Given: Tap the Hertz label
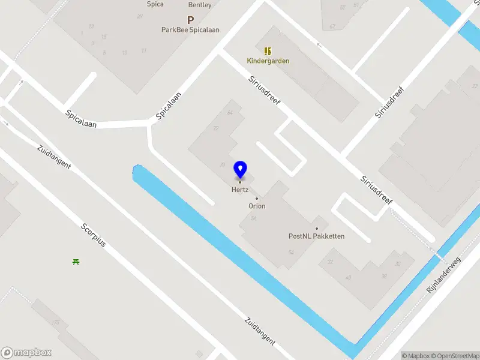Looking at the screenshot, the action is pyautogui.click(x=240, y=190).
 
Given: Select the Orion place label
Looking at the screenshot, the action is pyautogui.click(x=257, y=206).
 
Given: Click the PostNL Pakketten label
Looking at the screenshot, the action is pyautogui.click(x=316, y=236).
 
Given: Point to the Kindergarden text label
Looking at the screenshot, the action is pyautogui.click(x=268, y=61).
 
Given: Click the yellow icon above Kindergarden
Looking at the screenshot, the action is pyautogui.click(x=268, y=50).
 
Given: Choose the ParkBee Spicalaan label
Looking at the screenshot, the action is pyautogui.click(x=190, y=29).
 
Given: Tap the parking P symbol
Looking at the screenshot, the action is pyautogui.click(x=191, y=19).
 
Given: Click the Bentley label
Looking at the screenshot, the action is pyautogui.click(x=200, y=5).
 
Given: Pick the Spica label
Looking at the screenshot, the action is pyautogui.click(x=155, y=4).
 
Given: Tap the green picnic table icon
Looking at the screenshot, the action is pyautogui.click(x=76, y=262).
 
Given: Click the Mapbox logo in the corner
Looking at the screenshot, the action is pyautogui.click(x=26, y=353).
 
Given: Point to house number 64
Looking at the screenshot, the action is pyautogui.click(x=229, y=113).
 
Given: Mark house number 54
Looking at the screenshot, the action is pyautogui.click(x=291, y=252).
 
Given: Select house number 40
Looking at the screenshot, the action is pyautogui.click(x=348, y=277).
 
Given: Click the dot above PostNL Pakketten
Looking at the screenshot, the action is pyautogui.click(x=317, y=228).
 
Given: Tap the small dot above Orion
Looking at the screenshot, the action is pyautogui.click(x=257, y=198).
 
